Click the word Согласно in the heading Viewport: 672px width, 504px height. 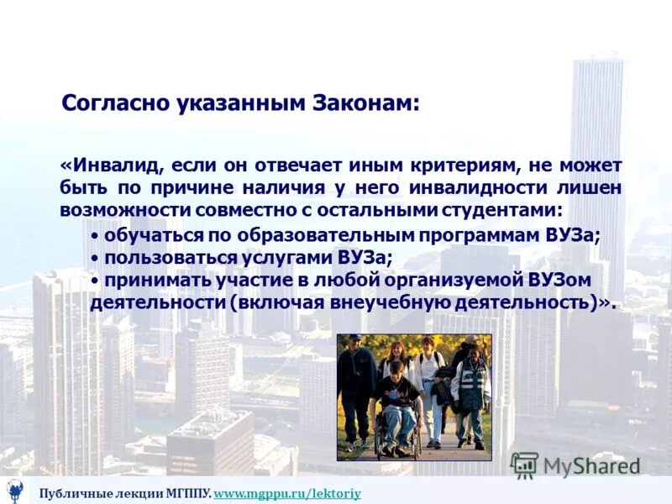pos(115,104)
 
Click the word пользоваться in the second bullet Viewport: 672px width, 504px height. pos(157,258)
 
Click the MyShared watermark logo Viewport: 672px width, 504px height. pos(575,465)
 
